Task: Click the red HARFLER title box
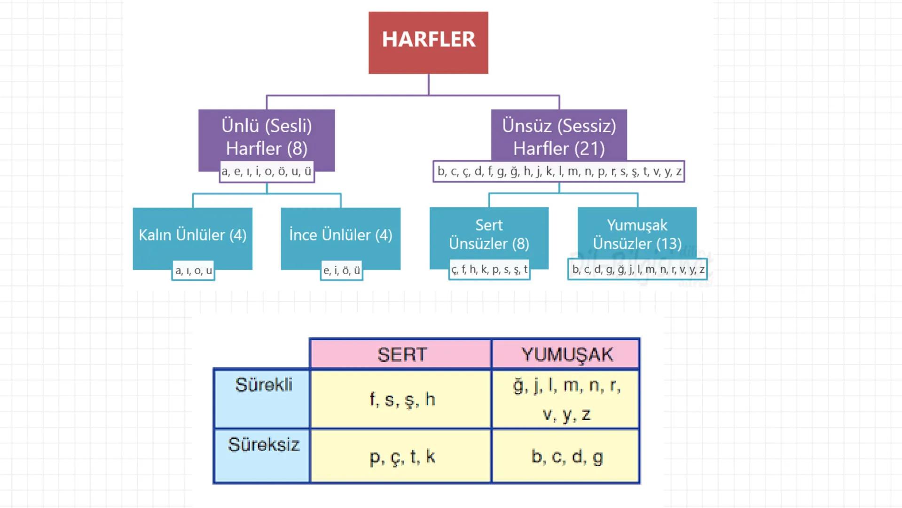[428, 42]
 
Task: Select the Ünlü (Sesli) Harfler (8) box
[267, 137]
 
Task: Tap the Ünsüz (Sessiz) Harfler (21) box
[559, 137]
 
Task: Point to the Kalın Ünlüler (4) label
[192, 235]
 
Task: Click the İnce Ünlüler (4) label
[340, 235]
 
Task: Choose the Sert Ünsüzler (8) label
[489, 234]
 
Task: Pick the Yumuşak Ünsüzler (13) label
[637, 234]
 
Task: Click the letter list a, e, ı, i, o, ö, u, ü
[267, 172]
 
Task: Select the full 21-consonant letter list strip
[559, 172]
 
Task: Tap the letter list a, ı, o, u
[194, 271]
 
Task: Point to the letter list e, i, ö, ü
[342, 271]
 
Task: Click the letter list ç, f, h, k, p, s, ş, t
[489, 270]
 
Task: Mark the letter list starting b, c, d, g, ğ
[638, 270]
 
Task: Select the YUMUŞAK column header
[566, 354]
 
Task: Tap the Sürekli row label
[263, 385]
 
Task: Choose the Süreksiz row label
[263, 445]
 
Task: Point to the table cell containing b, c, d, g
[566, 456]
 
